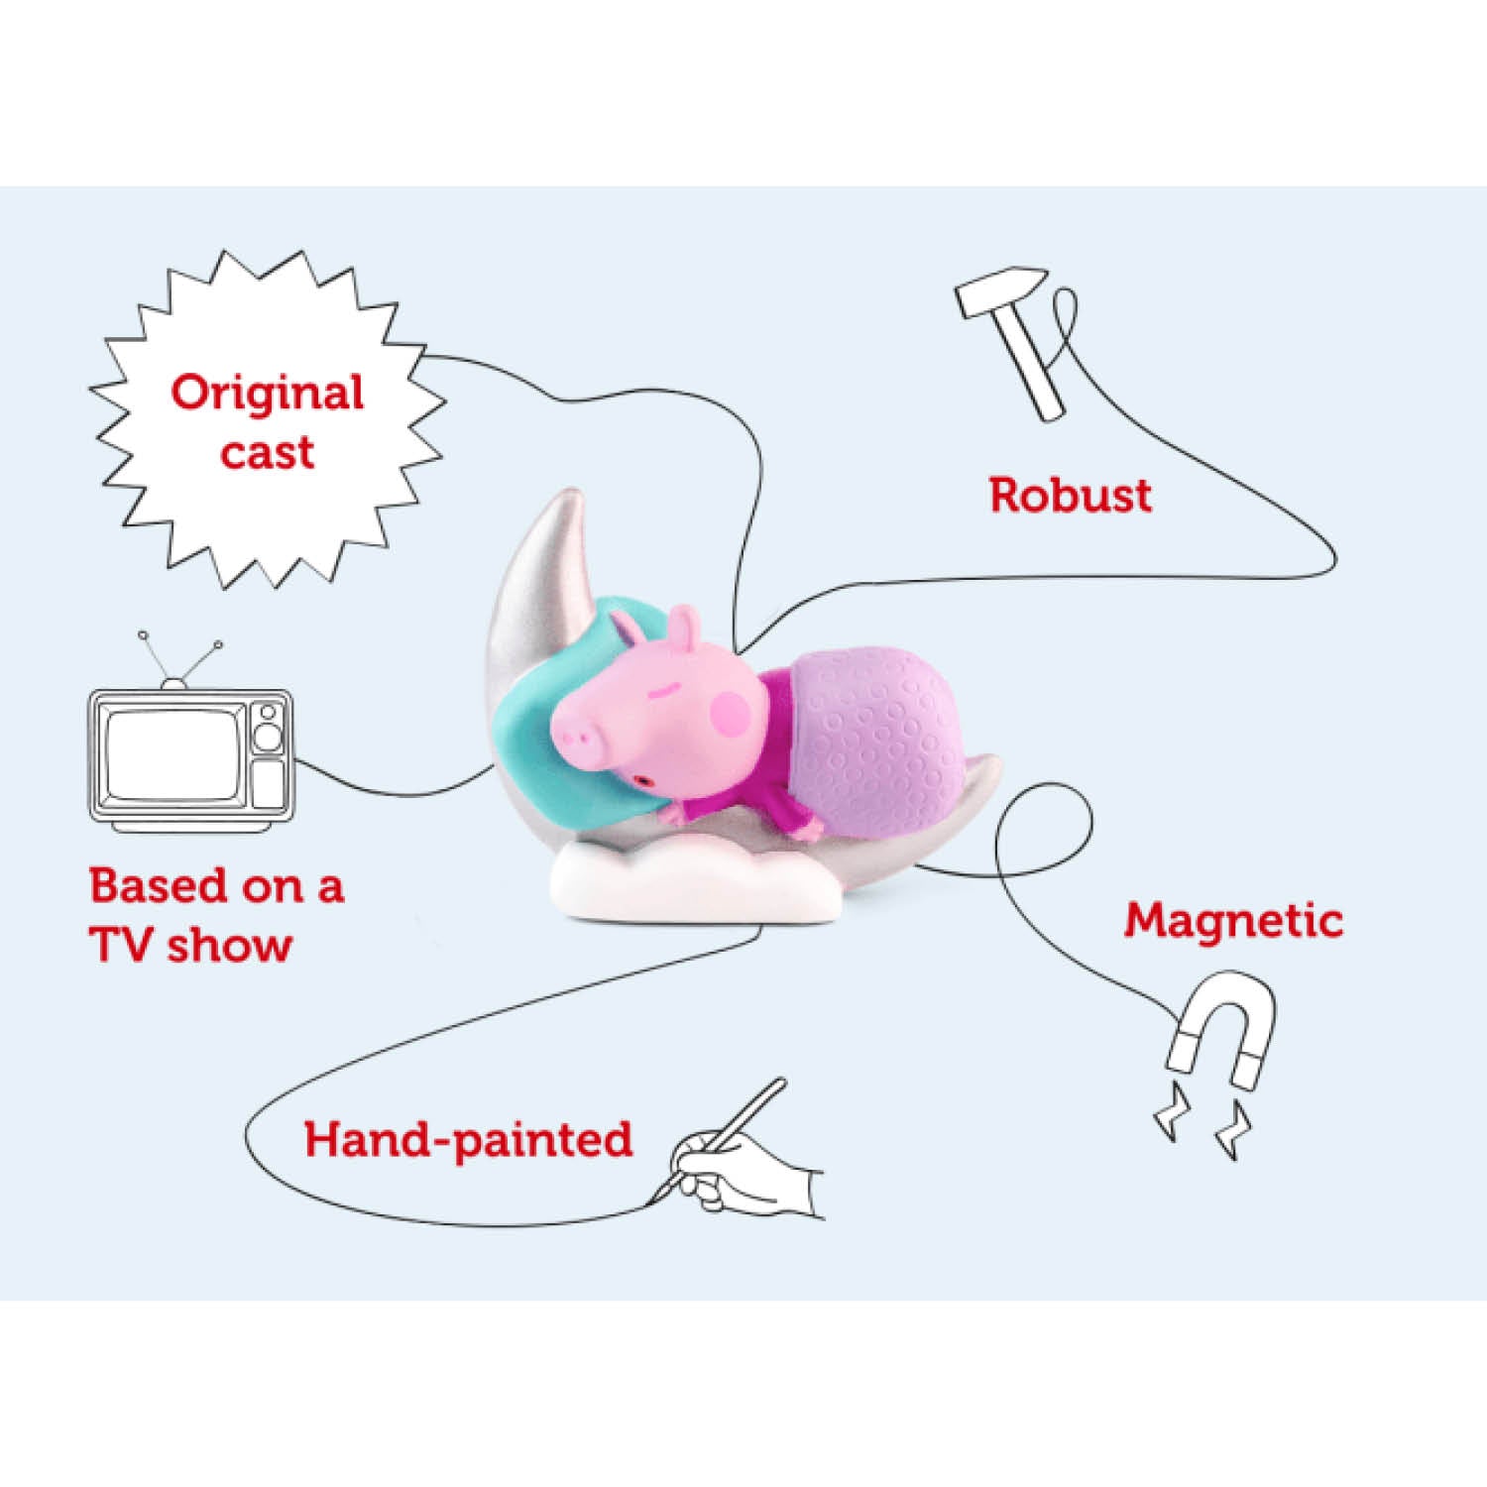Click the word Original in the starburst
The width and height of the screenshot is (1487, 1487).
268,394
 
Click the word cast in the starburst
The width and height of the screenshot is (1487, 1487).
268,452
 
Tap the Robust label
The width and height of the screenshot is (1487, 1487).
1071,495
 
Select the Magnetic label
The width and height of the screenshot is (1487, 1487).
1233,921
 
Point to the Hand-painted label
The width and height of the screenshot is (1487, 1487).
468,1139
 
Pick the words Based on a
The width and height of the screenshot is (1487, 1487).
216,885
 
